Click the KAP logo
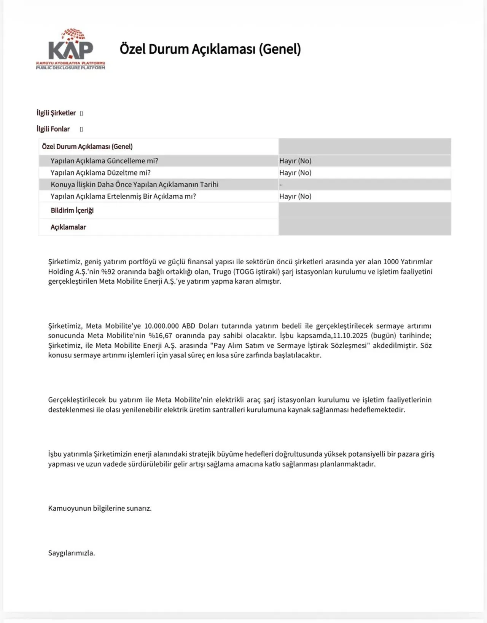pyautogui.click(x=70, y=49)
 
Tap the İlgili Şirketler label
pyautogui.click(x=56, y=113)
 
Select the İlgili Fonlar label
pyautogui.click(x=53, y=129)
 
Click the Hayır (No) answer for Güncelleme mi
pyautogui.click(x=295, y=161)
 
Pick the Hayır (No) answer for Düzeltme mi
pyautogui.click(x=295, y=173)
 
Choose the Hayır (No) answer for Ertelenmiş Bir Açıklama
pyautogui.click(x=295, y=196)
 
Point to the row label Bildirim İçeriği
pyautogui.click(x=72, y=211)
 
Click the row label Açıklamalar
pyautogui.click(x=68, y=227)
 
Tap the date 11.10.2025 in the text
pyautogui.click(x=350, y=336)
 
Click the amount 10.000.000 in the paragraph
pyautogui.click(x=161, y=326)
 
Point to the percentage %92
pyautogui.click(x=108, y=272)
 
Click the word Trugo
pyautogui.click(x=222, y=272)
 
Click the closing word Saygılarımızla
pyautogui.click(x=72, y=553)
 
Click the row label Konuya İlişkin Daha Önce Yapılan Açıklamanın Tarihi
pyautogui.click(x=134, y=185)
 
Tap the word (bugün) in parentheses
pyautogui.click(x=384, y=336)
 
